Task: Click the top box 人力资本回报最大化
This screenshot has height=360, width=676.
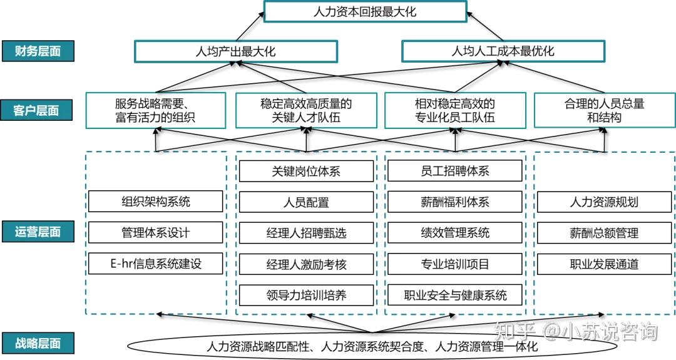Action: click(x=365, y=12)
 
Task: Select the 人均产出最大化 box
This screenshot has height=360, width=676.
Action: click(x=235, y=51)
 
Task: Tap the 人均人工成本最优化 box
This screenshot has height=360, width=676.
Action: click(x=503, y=51)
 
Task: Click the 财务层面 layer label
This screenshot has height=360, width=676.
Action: click(x=38, y=51)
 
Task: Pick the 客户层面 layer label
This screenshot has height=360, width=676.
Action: click(x=38, y=111)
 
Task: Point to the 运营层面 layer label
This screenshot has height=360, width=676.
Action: click(x=38, y=232)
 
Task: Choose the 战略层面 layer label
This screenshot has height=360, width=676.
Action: click(x=38, y=343)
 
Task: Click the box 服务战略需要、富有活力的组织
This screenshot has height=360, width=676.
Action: click(x=156, y=111)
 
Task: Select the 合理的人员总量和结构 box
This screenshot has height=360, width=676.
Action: click(x=604, y=111)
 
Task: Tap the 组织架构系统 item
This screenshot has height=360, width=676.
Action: click(x=156, y=202)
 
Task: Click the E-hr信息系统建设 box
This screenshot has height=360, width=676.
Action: click(x=156, y=264)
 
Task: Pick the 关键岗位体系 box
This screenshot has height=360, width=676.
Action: click(x=306, y=171)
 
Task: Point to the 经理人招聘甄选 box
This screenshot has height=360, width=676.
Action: click(x=306, y=233)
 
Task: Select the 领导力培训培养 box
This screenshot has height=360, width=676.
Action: click(x=306, y=295)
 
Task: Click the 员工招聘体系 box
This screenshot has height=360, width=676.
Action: click(x=455, y=171)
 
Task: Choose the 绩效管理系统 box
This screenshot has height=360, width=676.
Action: click(x=455, y=233)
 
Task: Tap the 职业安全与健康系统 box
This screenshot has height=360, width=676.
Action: click(x=455, y=295)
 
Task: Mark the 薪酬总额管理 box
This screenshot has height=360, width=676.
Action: click(x=604, y=233)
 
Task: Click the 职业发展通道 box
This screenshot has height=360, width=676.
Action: click(x=604, y=264)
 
